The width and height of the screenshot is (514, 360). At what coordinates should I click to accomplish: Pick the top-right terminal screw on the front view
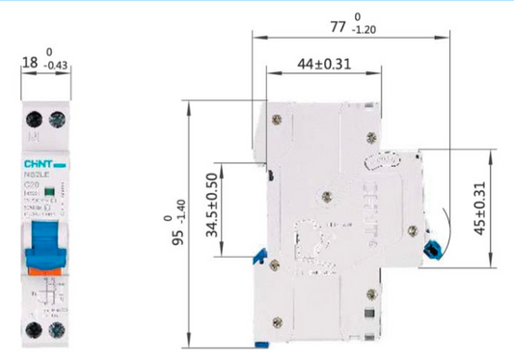pos(57,120)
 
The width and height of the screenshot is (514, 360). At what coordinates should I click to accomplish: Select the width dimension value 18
pos(30,62)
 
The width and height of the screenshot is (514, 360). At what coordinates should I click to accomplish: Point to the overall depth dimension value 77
pos(338,27)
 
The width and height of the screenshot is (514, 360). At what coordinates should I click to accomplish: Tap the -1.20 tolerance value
pos(365,31)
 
